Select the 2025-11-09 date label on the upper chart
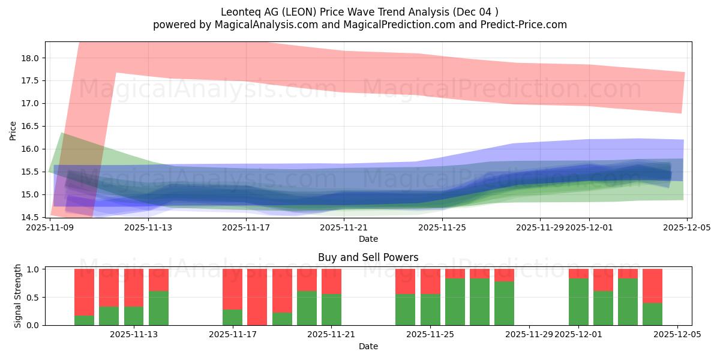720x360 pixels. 50,227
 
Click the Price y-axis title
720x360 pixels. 13,130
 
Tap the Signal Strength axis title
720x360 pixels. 18,296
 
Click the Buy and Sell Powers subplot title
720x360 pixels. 368,257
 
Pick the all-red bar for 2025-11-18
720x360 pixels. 257,297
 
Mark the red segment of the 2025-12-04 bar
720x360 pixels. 652,286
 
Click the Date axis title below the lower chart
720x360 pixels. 368,346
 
